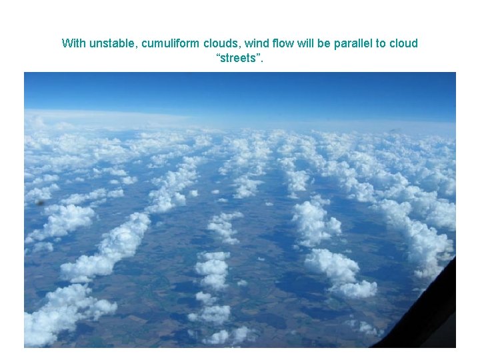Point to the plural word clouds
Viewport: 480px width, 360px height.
pyautogui.click(x=221, y=43)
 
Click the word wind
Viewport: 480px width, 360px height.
pyautogui.click(x=256, y=43)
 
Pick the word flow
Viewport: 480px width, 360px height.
pyautogui.click(x=282, y=43)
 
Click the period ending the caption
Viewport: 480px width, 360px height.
pyautogui.click(x=262, y=62)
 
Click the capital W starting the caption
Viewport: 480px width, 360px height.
pyautogui.click(x=66, y=43)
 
